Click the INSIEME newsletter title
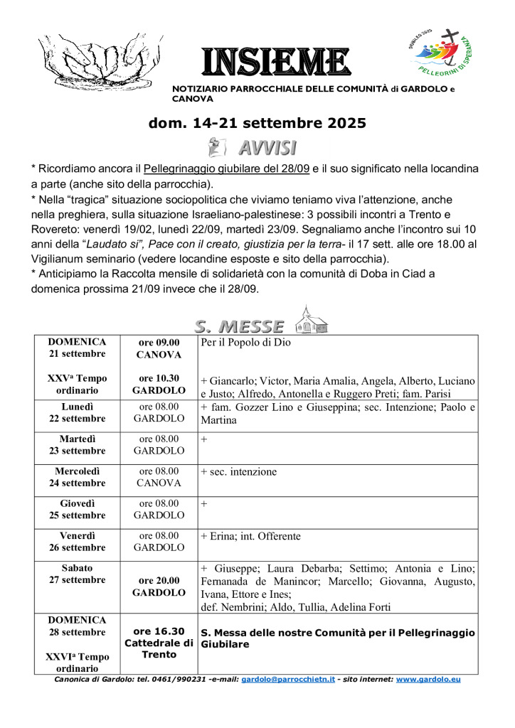pyautogui.click(x=275, y=62)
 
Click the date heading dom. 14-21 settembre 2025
pyautogui.click(x=257, y=123)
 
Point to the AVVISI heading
pyautogui.click(x=267, y=148)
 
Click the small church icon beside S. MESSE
pyautogui.click(x=312, y=320)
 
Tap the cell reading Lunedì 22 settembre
pyautogui.click(x=77, y=413)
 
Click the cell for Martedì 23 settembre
pyautogui.click(x=77, y=445)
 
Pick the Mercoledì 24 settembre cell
pyautogui.click(x=77, y=477)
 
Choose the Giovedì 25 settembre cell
pyautogui.click(x=77, y=509)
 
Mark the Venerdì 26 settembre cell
pyautogui.click(x=77, y=541)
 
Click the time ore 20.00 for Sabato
pyautogui.click(x=159, y=581)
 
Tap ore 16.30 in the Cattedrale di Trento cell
pyautogui.click(x=159, y=631)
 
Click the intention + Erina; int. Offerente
pyautogui.click(x=251, y=536)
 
